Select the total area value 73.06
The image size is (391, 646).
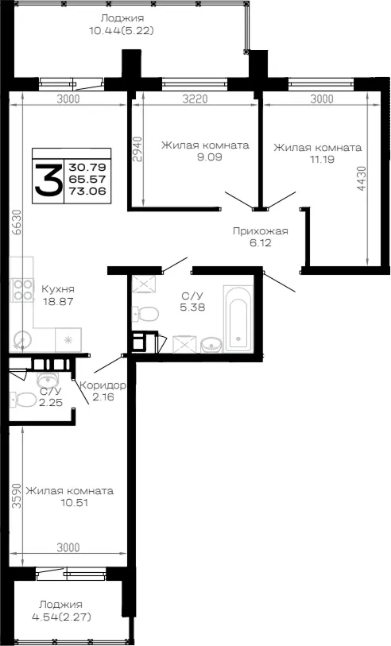[87, 191]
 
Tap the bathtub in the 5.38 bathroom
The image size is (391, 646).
[238, 318]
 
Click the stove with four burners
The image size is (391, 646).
[23, 290]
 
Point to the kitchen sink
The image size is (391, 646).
[22, 341]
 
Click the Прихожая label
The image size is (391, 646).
[261, 231]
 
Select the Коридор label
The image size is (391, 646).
[103, 385]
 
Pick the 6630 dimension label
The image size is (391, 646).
[16, 222]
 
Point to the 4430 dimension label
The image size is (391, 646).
[362, 178]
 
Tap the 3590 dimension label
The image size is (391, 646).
[16, 496]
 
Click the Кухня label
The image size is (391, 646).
[58, 288]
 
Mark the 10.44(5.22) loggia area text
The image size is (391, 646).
[122, 30]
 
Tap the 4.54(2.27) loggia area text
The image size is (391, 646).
[61, 617]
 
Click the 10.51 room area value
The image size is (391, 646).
[69, 503]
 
